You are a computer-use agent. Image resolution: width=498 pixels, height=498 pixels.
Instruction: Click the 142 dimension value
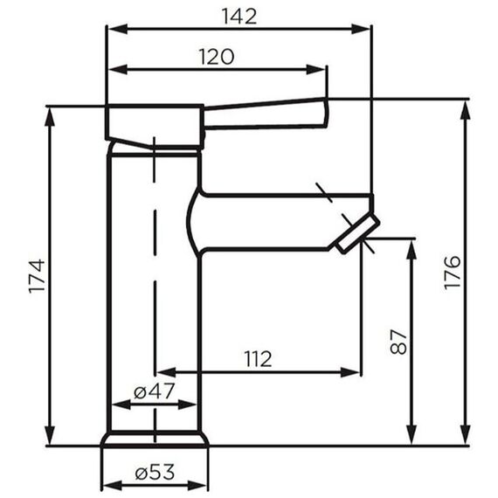coord(239,17)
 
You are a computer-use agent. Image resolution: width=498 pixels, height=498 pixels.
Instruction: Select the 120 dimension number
coord(217,57)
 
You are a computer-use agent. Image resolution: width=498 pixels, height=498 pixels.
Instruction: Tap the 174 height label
coord(37,276)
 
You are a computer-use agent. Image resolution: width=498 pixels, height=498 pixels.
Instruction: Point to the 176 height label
coord(452,273)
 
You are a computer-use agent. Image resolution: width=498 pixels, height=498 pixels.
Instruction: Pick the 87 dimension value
coord(398,342)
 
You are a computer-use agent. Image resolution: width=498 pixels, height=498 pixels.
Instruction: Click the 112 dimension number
coord(258,359)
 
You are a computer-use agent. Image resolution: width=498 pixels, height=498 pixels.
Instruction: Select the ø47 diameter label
coord(155,391)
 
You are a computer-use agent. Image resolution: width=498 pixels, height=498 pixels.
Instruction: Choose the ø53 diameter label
coord(155,473)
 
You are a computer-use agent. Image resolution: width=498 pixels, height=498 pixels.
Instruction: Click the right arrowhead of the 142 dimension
coord(361,29)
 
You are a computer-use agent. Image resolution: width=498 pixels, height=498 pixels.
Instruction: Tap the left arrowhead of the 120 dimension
coord(118,69)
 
